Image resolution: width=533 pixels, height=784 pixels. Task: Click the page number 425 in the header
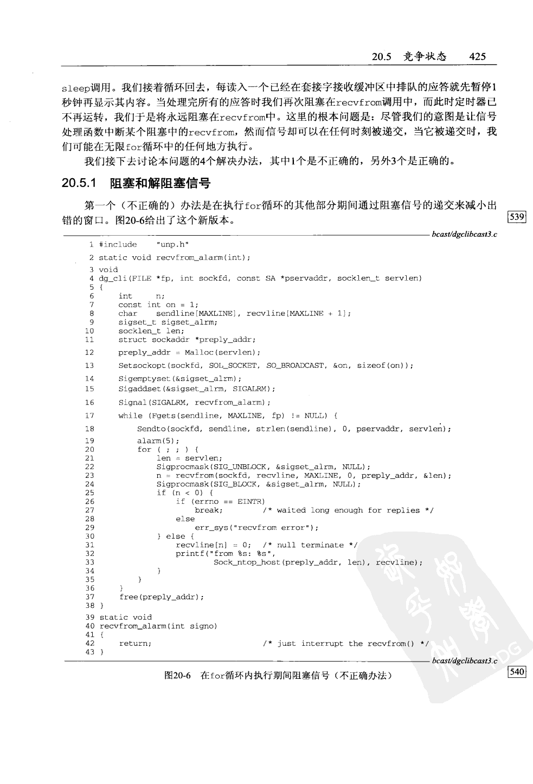click(x=478, y=56)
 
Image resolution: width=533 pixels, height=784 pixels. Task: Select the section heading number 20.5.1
click(x=79, y=183)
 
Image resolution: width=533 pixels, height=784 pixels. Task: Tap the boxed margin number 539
click(x=517, y=217)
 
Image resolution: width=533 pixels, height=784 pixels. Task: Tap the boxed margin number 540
click(x=517, y=672)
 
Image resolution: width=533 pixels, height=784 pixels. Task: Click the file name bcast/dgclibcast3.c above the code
click(x=465, y=234)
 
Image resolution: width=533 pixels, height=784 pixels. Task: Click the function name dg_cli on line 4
click(x=112, y=278)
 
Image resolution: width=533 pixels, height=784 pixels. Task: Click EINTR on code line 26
click(x=251, y=502)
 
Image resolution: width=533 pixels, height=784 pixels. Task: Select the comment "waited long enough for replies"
click(x=348, y=510)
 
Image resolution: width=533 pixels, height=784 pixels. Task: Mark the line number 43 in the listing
click(x=89, y=652)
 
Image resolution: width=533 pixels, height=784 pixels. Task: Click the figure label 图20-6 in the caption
click(x=178, y=676)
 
